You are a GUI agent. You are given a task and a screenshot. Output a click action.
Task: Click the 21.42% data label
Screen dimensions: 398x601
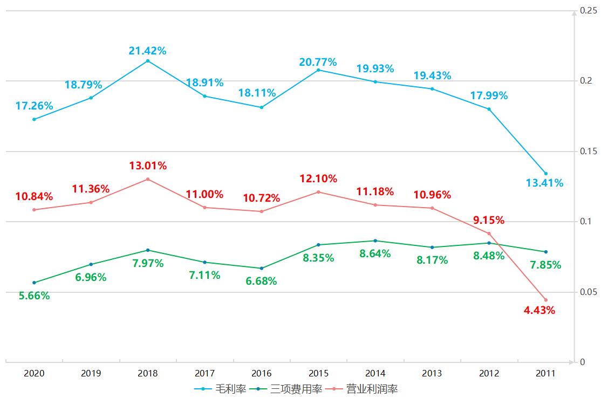(x=147, y=51)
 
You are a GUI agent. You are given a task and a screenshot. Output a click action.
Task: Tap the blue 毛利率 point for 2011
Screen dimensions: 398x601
(x=545, y=174)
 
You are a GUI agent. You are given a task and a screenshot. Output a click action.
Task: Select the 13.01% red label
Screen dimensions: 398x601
(x=147, y=165)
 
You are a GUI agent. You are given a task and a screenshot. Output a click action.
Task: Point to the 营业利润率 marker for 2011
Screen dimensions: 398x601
(x=545, y=300)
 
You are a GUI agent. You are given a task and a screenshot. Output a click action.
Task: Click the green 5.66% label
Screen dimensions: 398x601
(x=34, y=296)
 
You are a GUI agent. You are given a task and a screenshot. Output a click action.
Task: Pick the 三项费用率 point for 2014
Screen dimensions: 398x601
(x=375, y=241)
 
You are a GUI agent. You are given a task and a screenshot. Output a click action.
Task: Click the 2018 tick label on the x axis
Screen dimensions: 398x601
(x=148, y=373)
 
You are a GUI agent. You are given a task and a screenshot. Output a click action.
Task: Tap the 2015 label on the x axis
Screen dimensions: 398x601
(x=318, y=373)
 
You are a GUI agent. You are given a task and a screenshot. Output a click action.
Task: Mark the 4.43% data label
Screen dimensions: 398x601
(x=539, y=310)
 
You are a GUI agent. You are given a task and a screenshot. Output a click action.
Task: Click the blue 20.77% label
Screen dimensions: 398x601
(x=318, y=62)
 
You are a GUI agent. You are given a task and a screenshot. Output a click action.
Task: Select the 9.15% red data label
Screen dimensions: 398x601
(x=489, y=220)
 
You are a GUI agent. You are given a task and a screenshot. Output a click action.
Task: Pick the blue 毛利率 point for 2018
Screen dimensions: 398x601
(x=148, y=61)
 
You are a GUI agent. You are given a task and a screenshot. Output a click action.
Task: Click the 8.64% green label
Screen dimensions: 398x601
(x=375, y=253)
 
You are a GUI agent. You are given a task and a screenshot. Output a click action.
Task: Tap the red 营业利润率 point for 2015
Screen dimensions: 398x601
(x=318, y=192)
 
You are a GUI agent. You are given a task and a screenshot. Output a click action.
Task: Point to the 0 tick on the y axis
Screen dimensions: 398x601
(x=582, y=362)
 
